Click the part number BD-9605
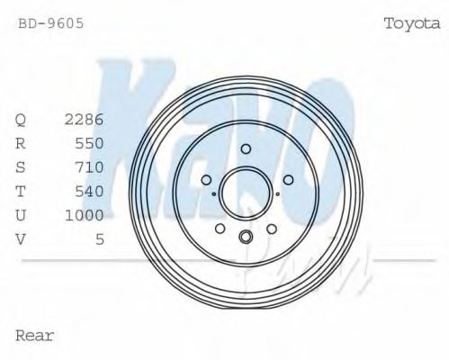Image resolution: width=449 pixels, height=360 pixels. pos(51,23)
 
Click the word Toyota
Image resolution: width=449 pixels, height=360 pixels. pos(411,23)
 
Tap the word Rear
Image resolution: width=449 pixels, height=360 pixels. pos(35,336)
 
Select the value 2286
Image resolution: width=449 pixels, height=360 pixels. pos(85,119)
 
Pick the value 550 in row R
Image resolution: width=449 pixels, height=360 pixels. pos(89,143)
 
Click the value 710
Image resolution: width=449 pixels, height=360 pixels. pos(89,167)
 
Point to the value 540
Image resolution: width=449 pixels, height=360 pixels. pos(89,192)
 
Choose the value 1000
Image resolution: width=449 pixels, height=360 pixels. pos(85,216)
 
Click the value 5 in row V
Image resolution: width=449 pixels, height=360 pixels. pos(99,240)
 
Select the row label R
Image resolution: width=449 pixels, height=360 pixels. pos(21,143)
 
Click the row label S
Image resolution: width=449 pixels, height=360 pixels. pos(21,167)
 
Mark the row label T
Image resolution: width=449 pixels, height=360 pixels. pos(21,192)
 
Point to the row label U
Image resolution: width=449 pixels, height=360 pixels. pos(21,216)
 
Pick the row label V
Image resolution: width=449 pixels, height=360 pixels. pos(21,240)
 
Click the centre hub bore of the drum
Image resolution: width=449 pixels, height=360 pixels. pos(246,192)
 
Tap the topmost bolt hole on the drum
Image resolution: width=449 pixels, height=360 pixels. pos(246,148)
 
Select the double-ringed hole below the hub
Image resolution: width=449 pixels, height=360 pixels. pos(246,237)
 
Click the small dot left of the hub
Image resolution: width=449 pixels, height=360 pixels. pos(213,193)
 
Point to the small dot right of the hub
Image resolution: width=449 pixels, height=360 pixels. pos(278,193)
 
